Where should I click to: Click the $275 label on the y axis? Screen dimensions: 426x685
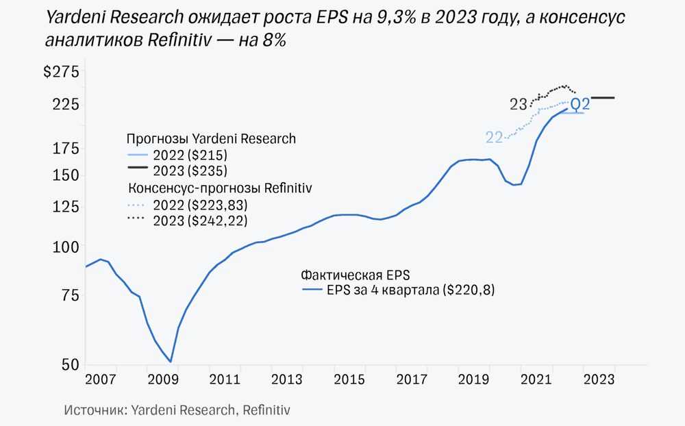click(x=62, y=73)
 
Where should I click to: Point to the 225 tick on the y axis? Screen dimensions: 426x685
click(x=66, y=105)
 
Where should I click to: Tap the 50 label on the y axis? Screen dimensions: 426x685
click(x=71, y=365)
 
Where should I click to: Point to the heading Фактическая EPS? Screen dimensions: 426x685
click(x=355, y=275)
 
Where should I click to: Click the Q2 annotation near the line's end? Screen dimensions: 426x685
click(x=580, y=104)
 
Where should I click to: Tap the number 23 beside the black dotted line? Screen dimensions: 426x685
click(x=519, y=105)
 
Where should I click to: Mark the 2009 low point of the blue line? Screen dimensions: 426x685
click(x=171, y=362)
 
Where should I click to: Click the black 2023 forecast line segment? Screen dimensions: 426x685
click(x=603, y=98)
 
